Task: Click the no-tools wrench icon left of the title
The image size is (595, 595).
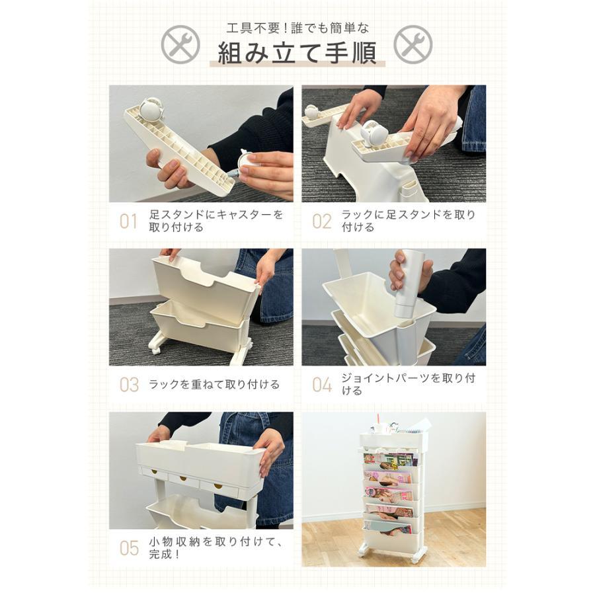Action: [180, 44]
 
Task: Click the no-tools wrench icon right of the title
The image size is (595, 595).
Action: [413, 44]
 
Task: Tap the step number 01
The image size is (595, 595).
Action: [128, 221]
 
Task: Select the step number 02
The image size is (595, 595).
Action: [322, 221]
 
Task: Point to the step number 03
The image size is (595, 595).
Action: [129, 385]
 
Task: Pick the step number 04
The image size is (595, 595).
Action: [322, 385]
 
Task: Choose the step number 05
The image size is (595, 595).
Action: [129, 548]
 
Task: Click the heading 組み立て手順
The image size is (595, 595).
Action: [297, 53]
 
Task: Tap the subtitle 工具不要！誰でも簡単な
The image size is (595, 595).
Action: [297, 28]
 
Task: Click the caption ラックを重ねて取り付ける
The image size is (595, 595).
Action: [214, 384]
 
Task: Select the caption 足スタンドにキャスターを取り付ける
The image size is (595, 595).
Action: [216, 221]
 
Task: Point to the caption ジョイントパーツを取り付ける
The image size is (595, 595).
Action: [409, 384]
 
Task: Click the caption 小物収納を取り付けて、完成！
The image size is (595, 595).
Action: [216, 548]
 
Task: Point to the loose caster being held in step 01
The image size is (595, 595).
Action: [248, 162]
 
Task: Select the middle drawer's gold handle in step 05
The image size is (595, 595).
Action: [183, 478]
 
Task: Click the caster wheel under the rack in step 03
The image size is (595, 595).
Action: [156, 348]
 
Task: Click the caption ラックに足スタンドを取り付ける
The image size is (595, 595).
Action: [409, 221]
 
